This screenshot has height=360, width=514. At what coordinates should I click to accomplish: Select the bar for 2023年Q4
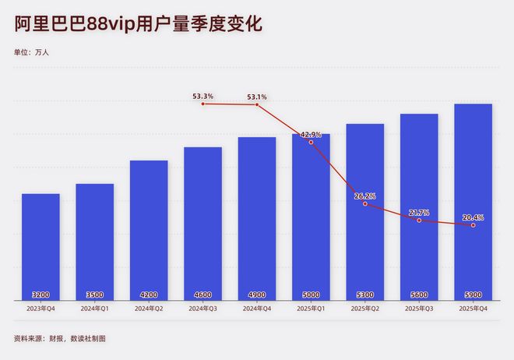(x=40, y=245)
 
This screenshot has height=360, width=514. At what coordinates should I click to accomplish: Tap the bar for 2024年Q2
(x=149, y=230)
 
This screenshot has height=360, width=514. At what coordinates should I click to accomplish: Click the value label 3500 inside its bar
(x=94, y=295)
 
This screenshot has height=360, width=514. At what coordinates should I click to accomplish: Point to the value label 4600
(x=202, y=295)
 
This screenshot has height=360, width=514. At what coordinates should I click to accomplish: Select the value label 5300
(x=364, y=295)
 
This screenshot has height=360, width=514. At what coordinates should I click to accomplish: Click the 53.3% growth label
(x=203, y=97)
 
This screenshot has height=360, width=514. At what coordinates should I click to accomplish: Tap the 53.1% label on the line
(x=257, y=97)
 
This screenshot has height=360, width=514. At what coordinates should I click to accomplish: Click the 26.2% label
(x=364, y=196)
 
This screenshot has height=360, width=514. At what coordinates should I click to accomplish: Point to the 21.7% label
(x=419, y=213)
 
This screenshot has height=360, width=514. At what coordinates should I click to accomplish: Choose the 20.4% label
(x=473, y=217)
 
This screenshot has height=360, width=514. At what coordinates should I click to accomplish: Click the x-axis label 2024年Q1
(x=94, y=309)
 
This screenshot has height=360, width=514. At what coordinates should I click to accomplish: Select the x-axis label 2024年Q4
(x=257, y=309)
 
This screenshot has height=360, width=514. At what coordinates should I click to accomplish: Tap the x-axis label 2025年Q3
(x=419, y=309)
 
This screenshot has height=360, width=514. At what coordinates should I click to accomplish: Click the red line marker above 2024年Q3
(x=203, y=104)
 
